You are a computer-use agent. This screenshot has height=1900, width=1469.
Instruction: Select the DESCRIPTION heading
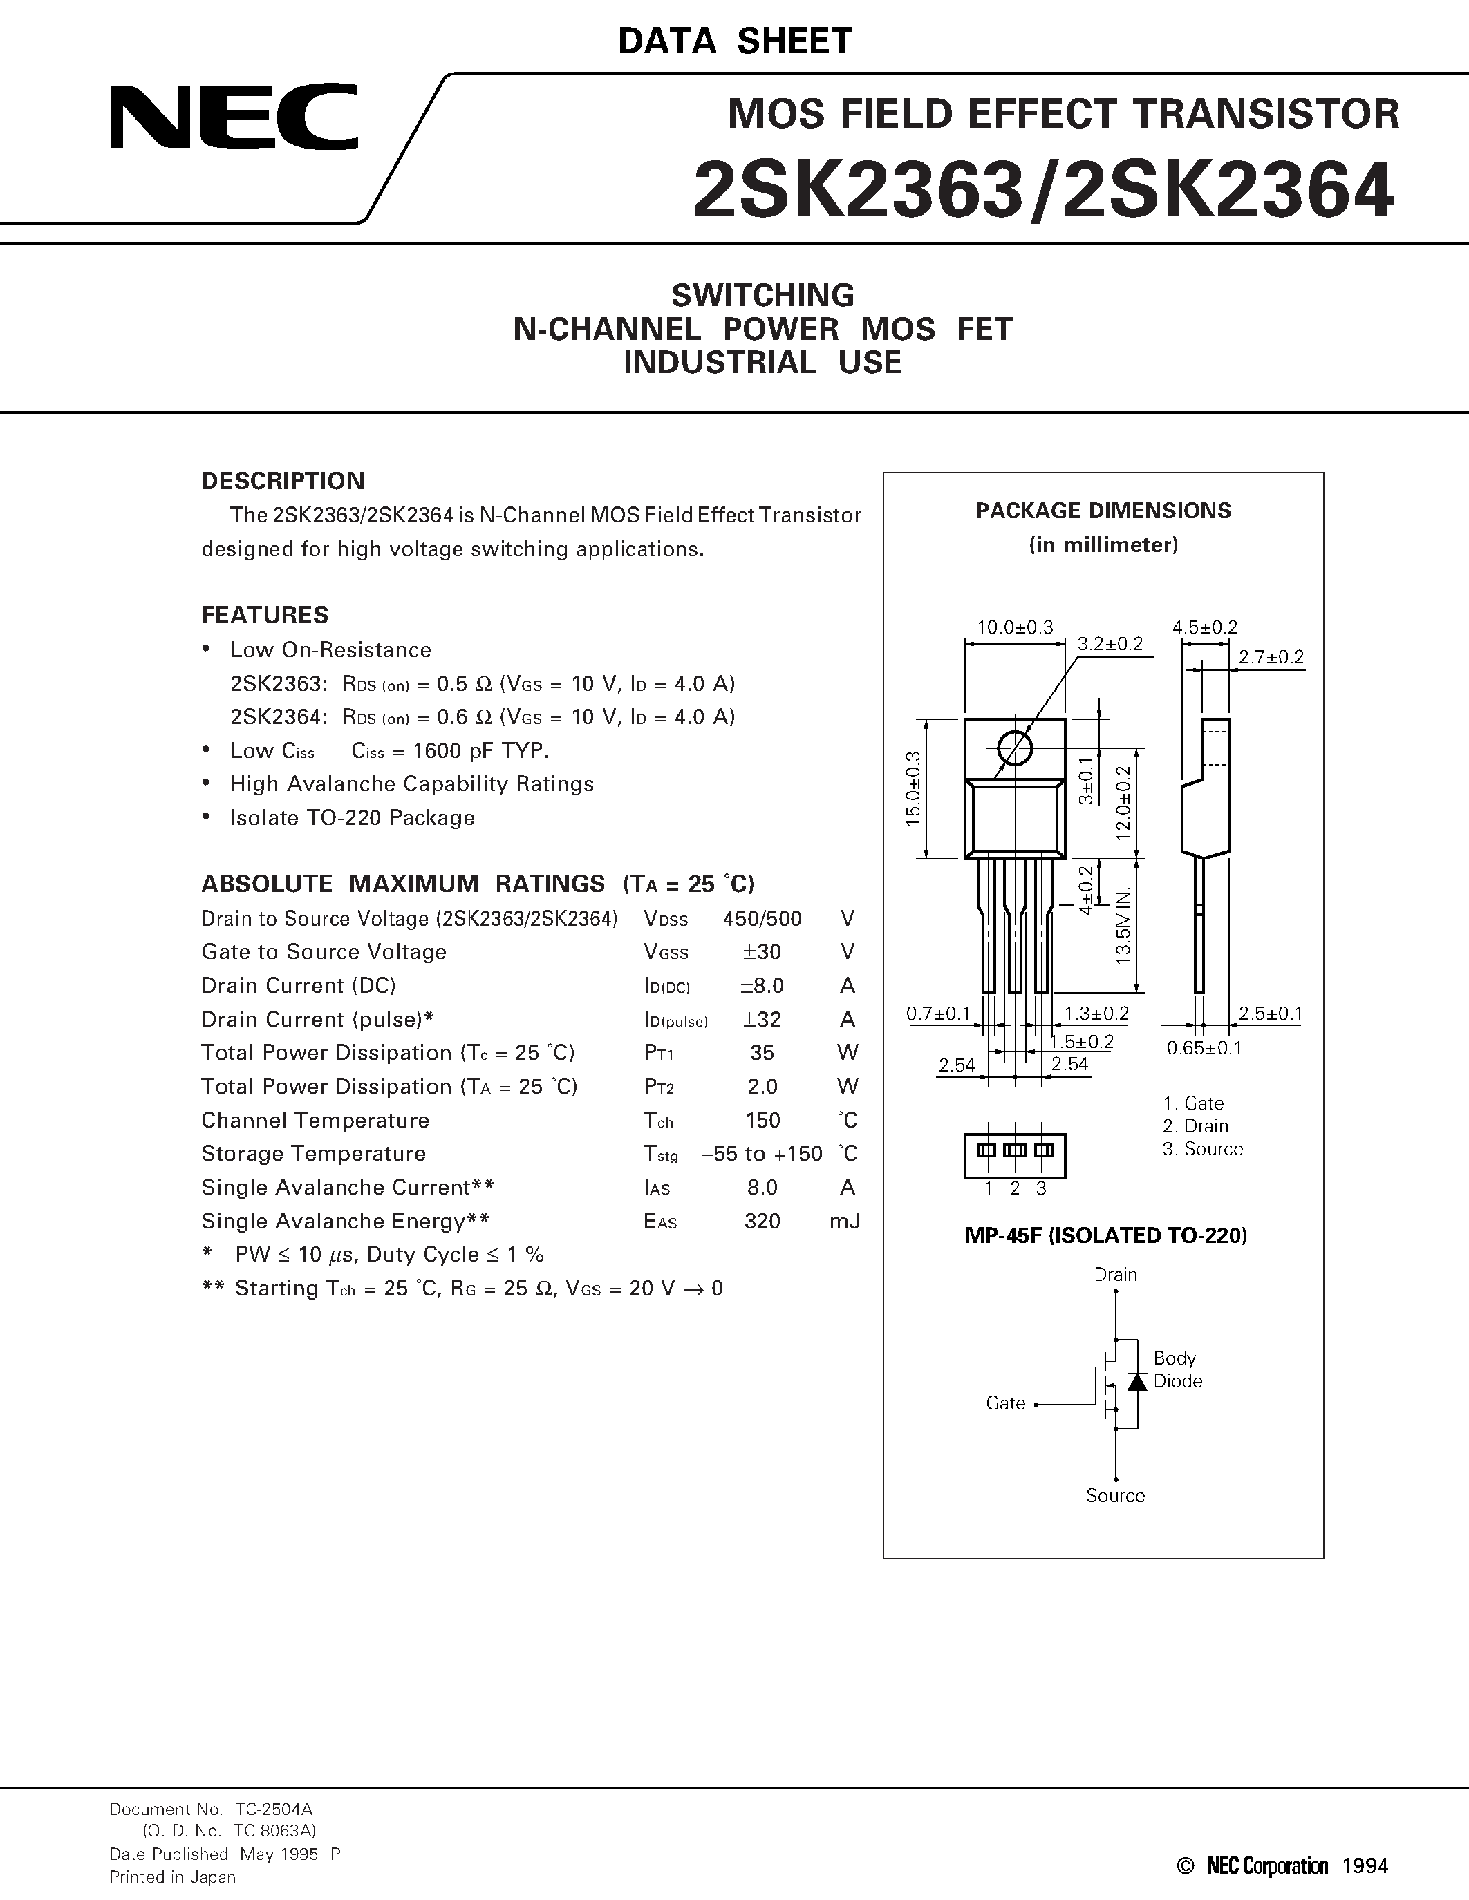click(x=283, y=481)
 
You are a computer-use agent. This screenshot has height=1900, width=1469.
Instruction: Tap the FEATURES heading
click(x=265, y=615)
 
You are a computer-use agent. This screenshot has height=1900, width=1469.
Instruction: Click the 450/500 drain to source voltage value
click(x=762, y=919)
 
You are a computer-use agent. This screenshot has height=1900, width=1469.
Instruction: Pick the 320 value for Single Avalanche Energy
click(x=762, y=1222)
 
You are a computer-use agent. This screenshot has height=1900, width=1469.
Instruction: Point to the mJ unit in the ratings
click(x=844, y=1222)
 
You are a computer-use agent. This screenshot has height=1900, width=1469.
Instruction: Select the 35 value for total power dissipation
click(x=762, y=1053)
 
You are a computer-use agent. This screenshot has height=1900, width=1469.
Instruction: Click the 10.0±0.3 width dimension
click(x=1015, y=627)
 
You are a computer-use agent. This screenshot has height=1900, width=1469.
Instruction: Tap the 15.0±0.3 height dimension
click(x=913, y=788)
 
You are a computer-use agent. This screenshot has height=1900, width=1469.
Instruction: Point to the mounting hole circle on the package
click(x=1015, y=748)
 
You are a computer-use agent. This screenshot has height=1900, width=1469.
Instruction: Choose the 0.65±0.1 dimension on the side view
click(x=1204, y=1048)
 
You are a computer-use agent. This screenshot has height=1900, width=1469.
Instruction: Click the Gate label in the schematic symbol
click(x=1005, y=1403)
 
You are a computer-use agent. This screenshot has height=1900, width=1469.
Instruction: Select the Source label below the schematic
click(x=1115, y=1495)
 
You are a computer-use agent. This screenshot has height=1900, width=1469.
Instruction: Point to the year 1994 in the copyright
click(x=1365, y=1865)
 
